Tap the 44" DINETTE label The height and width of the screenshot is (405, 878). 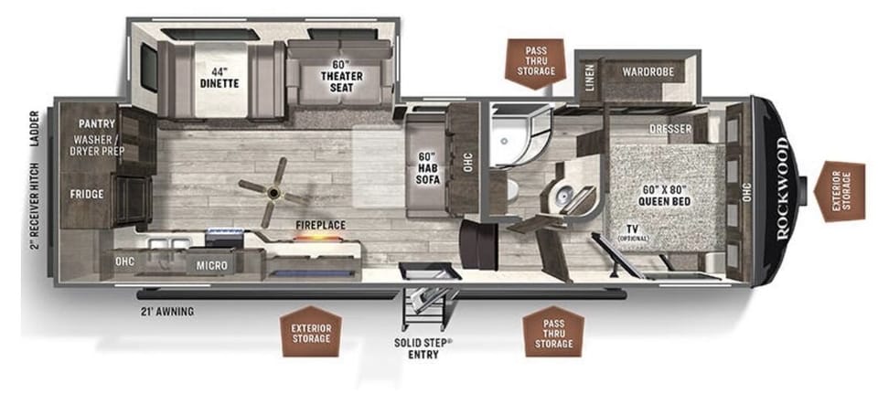click(x=218, y=79)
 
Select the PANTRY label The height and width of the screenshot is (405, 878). click(x=95, y=123)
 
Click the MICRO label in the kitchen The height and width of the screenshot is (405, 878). click(x=211, y=265)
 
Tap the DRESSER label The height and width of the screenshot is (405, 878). click(x=671, y=129)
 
